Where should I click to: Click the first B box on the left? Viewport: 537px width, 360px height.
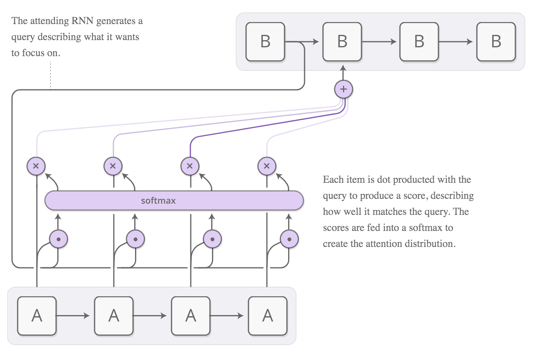[x=265, y=42]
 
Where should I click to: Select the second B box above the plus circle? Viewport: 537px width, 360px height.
[x=342, y=42]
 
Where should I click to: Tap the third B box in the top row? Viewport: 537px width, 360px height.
[x=419, y=42]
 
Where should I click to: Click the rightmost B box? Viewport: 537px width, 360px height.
[x=496, y=42]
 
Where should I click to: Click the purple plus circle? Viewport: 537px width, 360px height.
[x=343, y=89]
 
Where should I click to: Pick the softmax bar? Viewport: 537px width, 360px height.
[x=174, y=200]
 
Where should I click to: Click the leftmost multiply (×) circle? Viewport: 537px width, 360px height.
[x=36, y=166]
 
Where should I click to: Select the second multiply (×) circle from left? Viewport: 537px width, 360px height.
[x=113, y=166]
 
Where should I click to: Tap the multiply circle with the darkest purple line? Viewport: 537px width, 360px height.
[x=190, y=166]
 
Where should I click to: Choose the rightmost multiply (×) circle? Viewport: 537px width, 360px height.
[x=267, y=166]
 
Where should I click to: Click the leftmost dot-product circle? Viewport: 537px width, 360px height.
[x=59, y=239]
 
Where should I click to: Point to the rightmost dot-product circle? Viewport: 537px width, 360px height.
[x=289, y=239]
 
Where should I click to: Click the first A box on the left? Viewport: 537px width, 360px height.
[x=37, y=316]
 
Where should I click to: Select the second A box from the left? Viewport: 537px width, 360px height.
[x=114, y=316]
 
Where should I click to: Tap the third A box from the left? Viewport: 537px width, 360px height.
[x=191, y=316]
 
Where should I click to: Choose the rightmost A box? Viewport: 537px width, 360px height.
[x=268, y=316]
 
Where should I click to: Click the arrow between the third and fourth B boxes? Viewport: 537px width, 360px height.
[x=457, y=42]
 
